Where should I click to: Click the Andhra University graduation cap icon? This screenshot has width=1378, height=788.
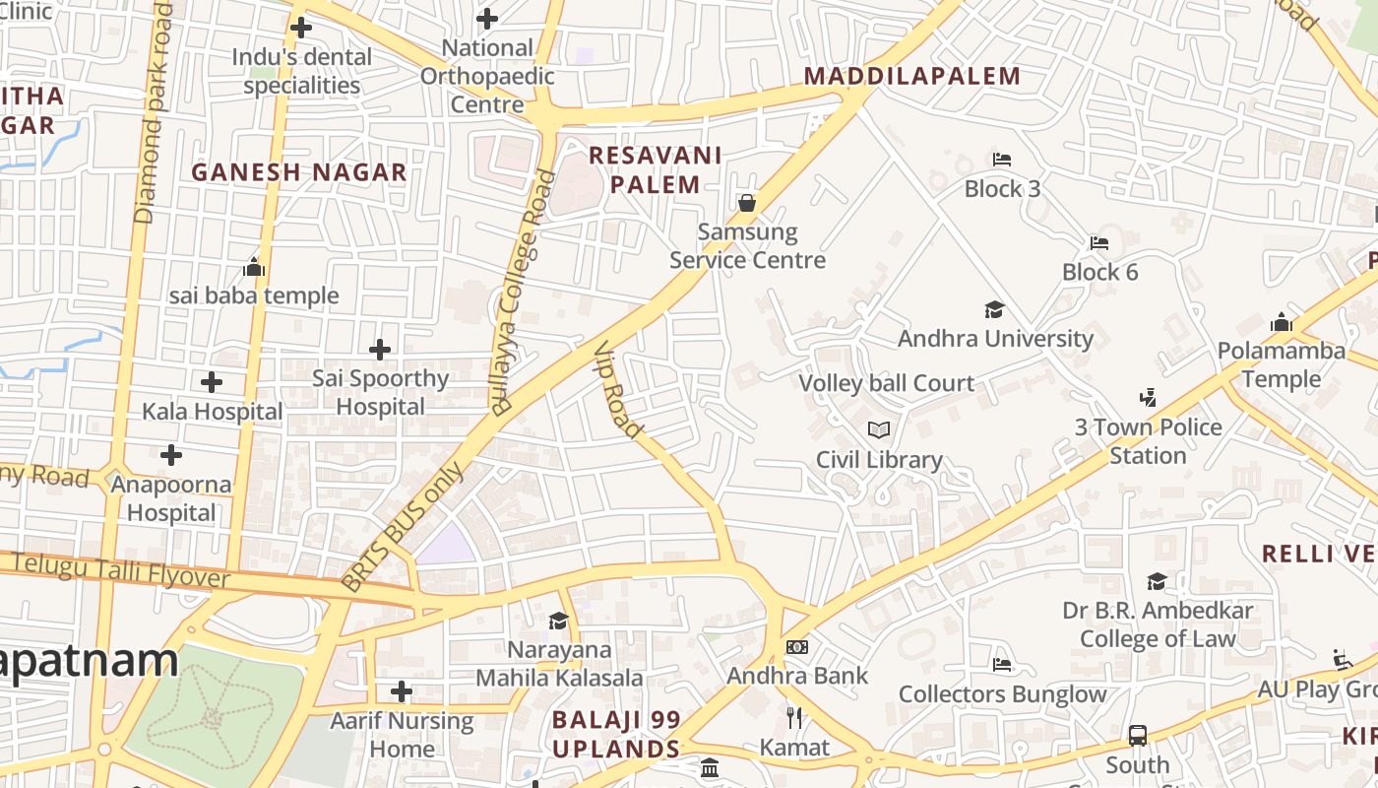tap(994, 310)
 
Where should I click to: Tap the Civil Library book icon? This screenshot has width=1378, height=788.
tap(879, 430)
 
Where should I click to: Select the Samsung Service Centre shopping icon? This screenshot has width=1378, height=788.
tap(747, 204)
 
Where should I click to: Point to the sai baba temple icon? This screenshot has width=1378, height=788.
tap(254, 267)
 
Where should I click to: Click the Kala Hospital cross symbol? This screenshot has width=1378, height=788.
tap(212, 382)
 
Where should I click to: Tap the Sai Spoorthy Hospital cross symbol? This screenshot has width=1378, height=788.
tap(380, 350)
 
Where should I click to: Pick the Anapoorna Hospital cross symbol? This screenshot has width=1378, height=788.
tap(171, 455)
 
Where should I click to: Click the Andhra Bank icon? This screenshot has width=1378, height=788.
tap(797, 647)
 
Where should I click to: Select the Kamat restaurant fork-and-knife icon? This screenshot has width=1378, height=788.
tap(794, 718)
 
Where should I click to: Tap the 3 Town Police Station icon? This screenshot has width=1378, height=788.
tap(1147, 398)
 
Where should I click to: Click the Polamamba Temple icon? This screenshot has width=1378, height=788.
tap(1281, 322)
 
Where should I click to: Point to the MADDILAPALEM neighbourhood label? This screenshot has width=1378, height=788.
tap(912, 76)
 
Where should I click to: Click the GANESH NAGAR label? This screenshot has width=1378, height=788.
tap(299, 172)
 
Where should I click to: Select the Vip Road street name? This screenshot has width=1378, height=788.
tap(619, 390)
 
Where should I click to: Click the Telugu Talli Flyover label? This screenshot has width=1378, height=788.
tap(121, 571)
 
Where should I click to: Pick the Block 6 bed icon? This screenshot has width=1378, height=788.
tap(1099, 243)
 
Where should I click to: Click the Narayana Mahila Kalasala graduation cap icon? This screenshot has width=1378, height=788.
tap(558, 621)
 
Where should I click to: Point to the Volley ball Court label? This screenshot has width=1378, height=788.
tap(886, 383)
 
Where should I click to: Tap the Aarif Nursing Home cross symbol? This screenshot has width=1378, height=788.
tap(401, 691)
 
